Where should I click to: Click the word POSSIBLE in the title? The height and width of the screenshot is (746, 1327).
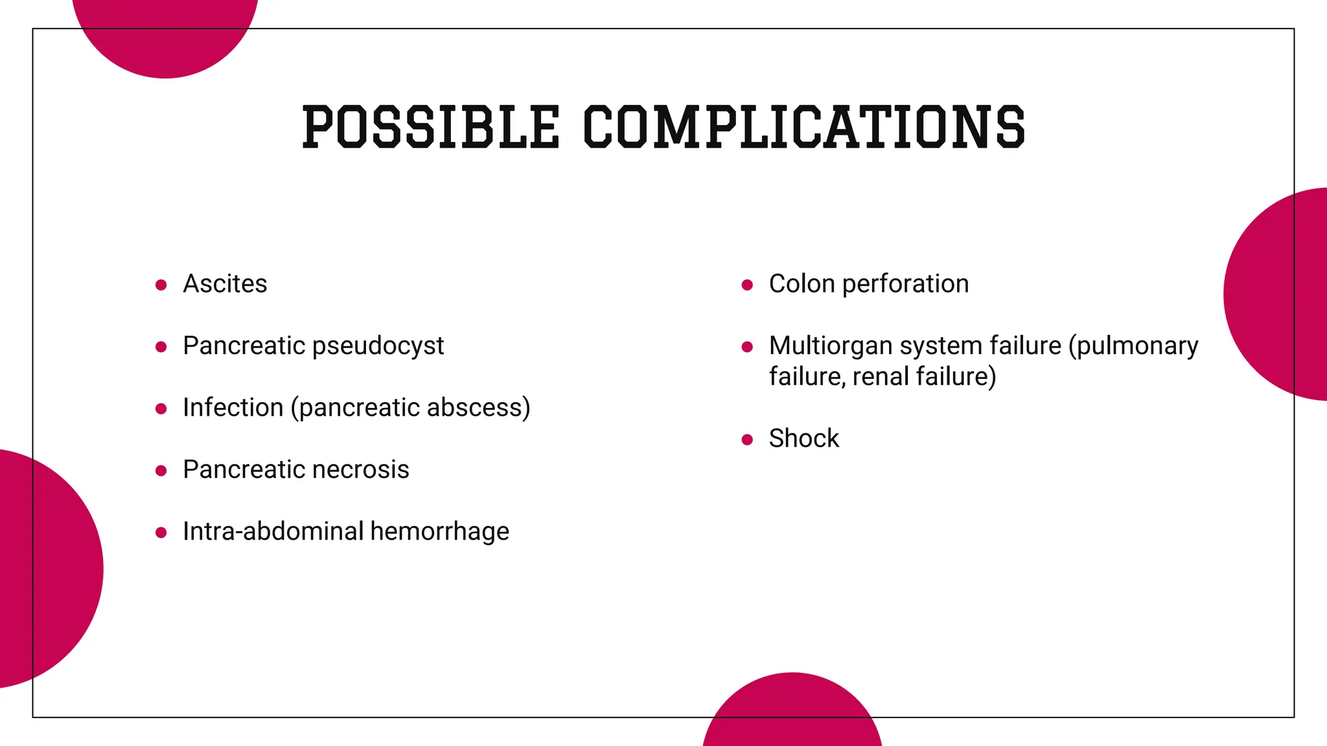coord(430,126)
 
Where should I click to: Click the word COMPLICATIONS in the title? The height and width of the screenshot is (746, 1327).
coord(804,126)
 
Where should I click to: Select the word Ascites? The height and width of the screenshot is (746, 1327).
coord(225,284)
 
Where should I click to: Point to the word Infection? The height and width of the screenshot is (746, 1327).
coord(233,407)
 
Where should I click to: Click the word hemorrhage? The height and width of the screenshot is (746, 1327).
coord(440,531)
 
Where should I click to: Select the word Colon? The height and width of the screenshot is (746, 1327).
coord(802,284)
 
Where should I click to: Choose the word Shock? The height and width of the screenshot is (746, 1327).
coord(803,438)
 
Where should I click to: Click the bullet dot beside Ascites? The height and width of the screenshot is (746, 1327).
coord(161,285)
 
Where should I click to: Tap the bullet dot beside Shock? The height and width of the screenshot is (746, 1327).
coord(747,440)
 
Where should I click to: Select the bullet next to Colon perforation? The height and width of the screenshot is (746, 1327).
coord(747,285)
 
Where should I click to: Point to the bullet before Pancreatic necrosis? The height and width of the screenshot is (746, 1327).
coord(161,471)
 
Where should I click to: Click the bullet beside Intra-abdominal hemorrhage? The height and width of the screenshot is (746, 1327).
coord(161,532)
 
